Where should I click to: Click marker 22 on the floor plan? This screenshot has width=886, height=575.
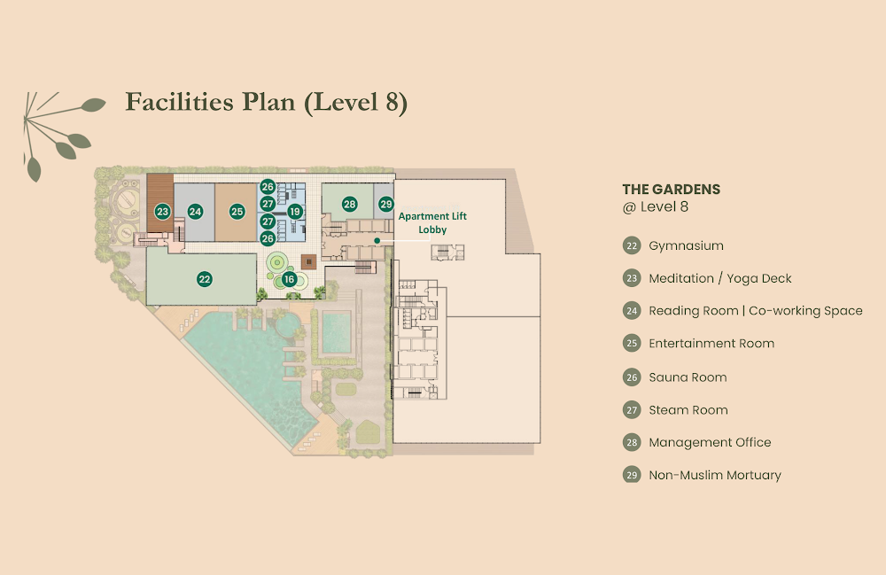point(205,279)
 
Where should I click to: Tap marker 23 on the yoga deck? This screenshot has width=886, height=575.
point(163,212)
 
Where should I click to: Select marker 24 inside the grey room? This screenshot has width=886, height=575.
point(196,212)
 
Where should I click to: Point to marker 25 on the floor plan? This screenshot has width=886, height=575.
point(237,212)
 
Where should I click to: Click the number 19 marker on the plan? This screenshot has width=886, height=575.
point(295,212)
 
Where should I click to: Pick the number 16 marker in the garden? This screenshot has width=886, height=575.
point(290,279)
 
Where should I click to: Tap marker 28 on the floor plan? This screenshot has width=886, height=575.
point(350,205)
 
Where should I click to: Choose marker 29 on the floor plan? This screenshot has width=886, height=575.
point(386,205)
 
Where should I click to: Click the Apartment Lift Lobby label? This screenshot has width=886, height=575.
point(432,222)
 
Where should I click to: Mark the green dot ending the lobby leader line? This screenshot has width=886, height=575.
point(377,241)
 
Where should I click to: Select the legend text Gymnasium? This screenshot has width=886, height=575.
point(686,245)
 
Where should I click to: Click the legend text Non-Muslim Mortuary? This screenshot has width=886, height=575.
point(715,475)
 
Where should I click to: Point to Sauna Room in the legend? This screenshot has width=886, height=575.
point(688,377)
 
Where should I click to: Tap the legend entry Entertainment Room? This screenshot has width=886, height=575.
point(711,344)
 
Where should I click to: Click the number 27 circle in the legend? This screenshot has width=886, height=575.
point(632,410)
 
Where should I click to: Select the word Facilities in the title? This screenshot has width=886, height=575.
point(179,102)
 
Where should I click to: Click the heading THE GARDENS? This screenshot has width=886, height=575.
point(672,190)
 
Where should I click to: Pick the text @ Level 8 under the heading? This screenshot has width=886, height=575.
point(656,206)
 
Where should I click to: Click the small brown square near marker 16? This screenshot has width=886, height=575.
point(308,262)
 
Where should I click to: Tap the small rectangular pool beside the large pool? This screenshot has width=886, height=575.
point(337,331)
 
